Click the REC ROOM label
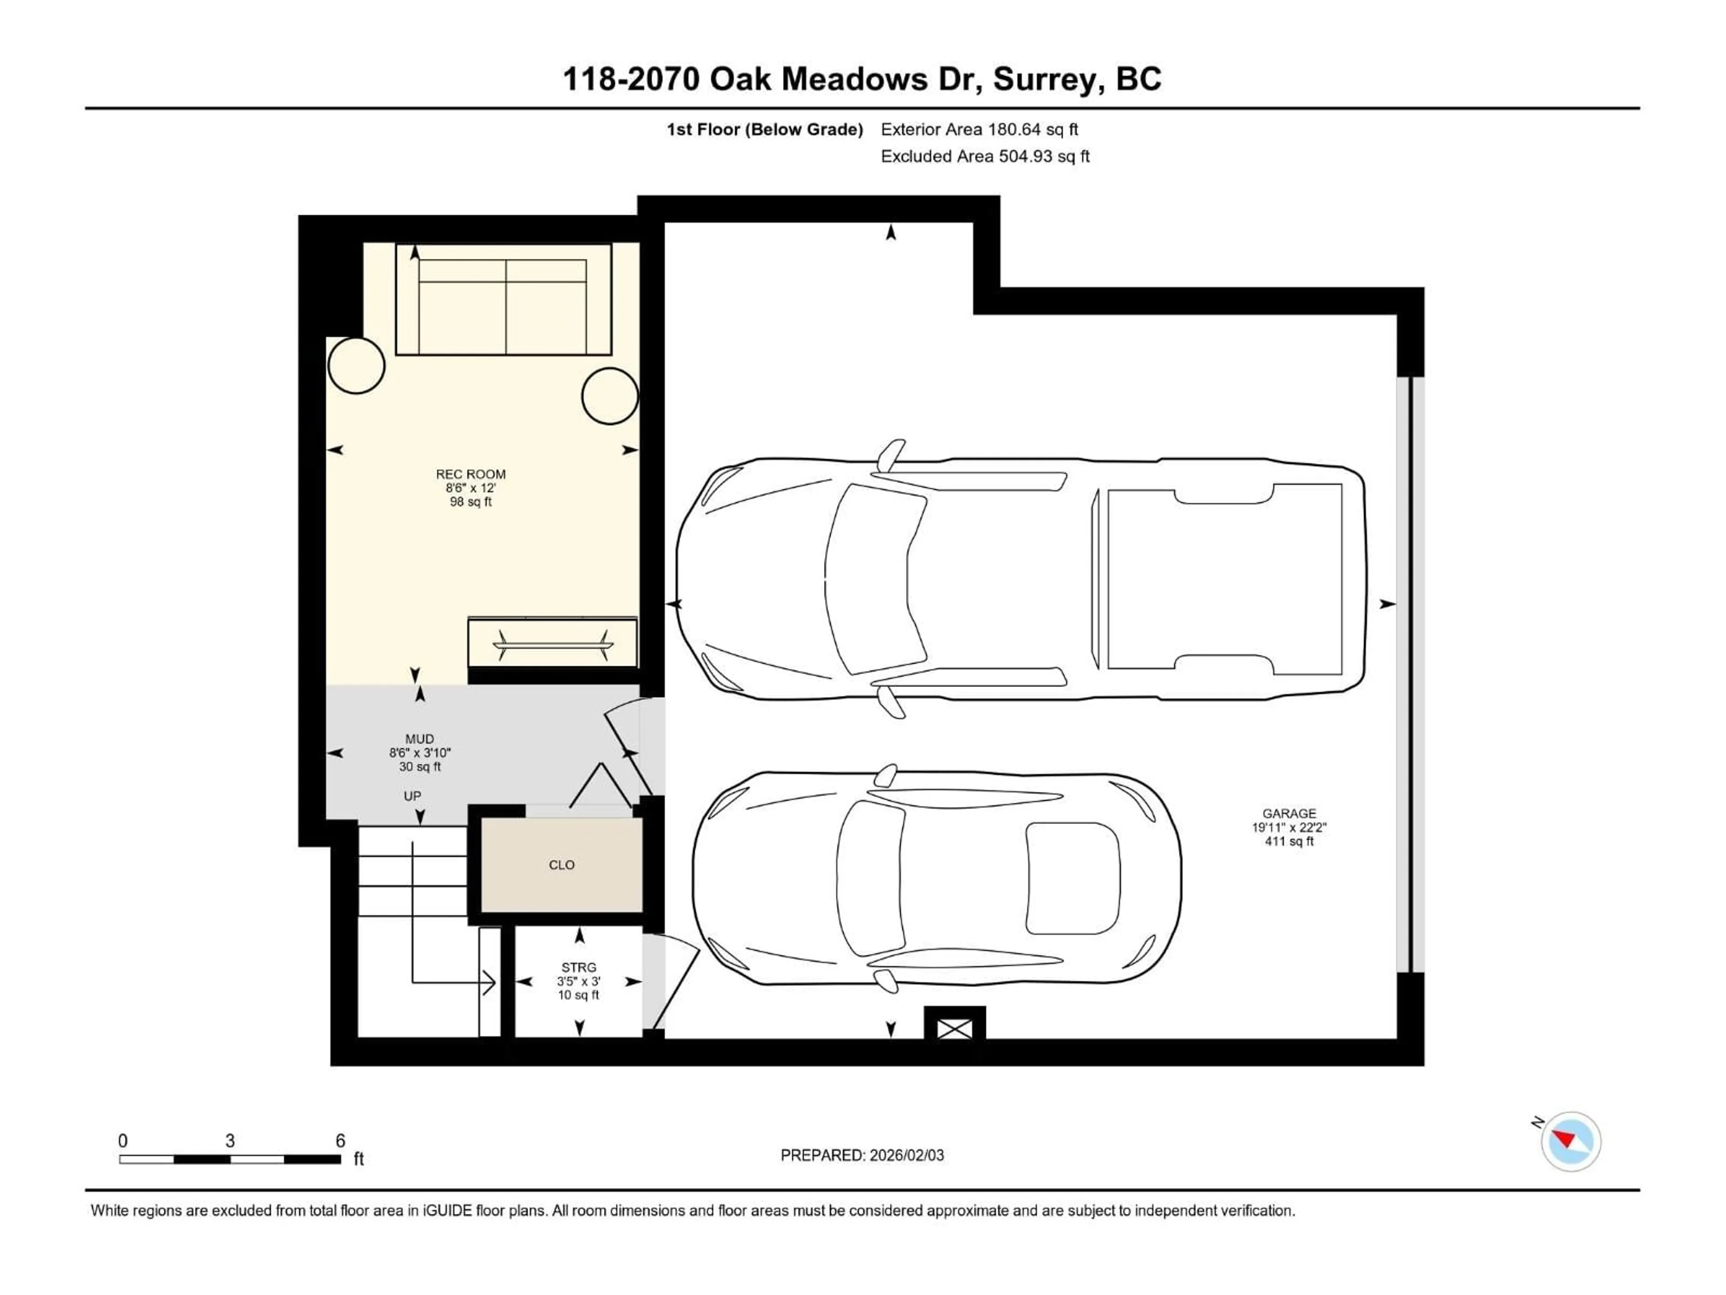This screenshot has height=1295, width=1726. tap(471, 474)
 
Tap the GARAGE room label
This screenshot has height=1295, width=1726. tap(1289, 813)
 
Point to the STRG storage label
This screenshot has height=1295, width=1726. tap(578, 967)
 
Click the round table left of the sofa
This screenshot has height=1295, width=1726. tap(356, 365)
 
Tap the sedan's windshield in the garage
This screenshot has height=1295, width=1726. tap(870, 877)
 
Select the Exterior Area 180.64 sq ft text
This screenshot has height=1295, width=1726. tap(979, 129)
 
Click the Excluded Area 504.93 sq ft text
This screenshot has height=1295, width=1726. tap(985, 156)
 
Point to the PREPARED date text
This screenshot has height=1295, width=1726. tap(862, 1155)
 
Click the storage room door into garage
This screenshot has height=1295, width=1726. tap(672, 985)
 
